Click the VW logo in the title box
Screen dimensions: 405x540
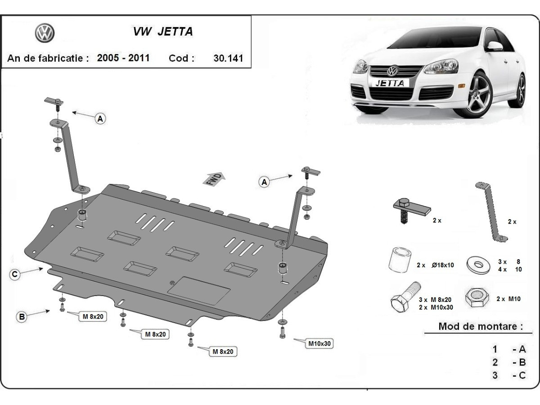[44, 33]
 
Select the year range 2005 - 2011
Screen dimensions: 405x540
[123, 58]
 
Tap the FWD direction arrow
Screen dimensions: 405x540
[214, 179]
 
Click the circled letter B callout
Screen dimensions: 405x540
[22, 317]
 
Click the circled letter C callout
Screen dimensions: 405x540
[15, 274]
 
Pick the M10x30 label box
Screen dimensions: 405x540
[319, 344]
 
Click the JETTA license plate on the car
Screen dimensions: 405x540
[390, 83]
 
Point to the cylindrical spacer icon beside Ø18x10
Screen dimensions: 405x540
[399, 260]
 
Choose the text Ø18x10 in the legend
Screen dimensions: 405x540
[442, 265]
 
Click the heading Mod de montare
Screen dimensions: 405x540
[480, 326]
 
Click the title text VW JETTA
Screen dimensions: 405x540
[162, 31]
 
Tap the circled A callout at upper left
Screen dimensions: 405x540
[100, 118]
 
